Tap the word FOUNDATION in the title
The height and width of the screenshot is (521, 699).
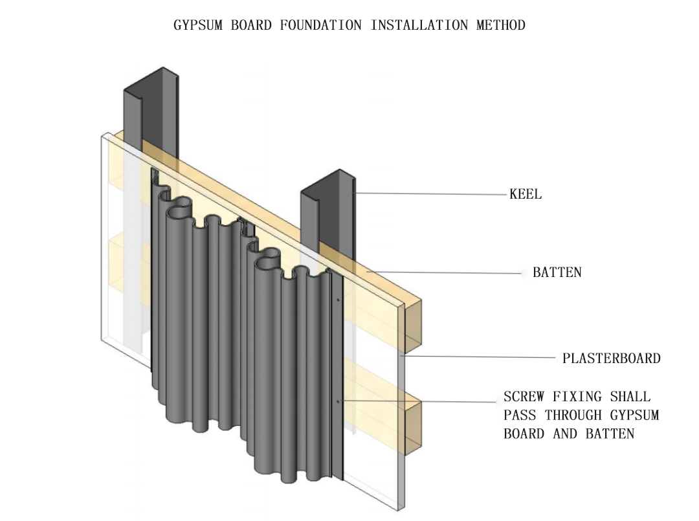(321, 25)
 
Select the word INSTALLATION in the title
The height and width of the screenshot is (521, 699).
(419, 25)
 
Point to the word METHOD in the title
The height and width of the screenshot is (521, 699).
(501, 25)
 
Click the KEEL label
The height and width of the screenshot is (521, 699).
(526, 194)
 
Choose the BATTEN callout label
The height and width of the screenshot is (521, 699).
(557, 272)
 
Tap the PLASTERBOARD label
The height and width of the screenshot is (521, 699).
(611, 359)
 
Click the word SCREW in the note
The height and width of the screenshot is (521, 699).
(524, 396)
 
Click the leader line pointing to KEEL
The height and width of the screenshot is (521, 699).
(430, 194)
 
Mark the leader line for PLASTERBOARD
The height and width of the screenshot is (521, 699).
(479, 357)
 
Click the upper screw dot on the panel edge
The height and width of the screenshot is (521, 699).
(338, 300)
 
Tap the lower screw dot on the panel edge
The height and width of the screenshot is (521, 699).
(338, 401)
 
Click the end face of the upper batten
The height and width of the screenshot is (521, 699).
(413, 324)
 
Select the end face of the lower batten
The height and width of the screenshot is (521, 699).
(413, 426)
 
